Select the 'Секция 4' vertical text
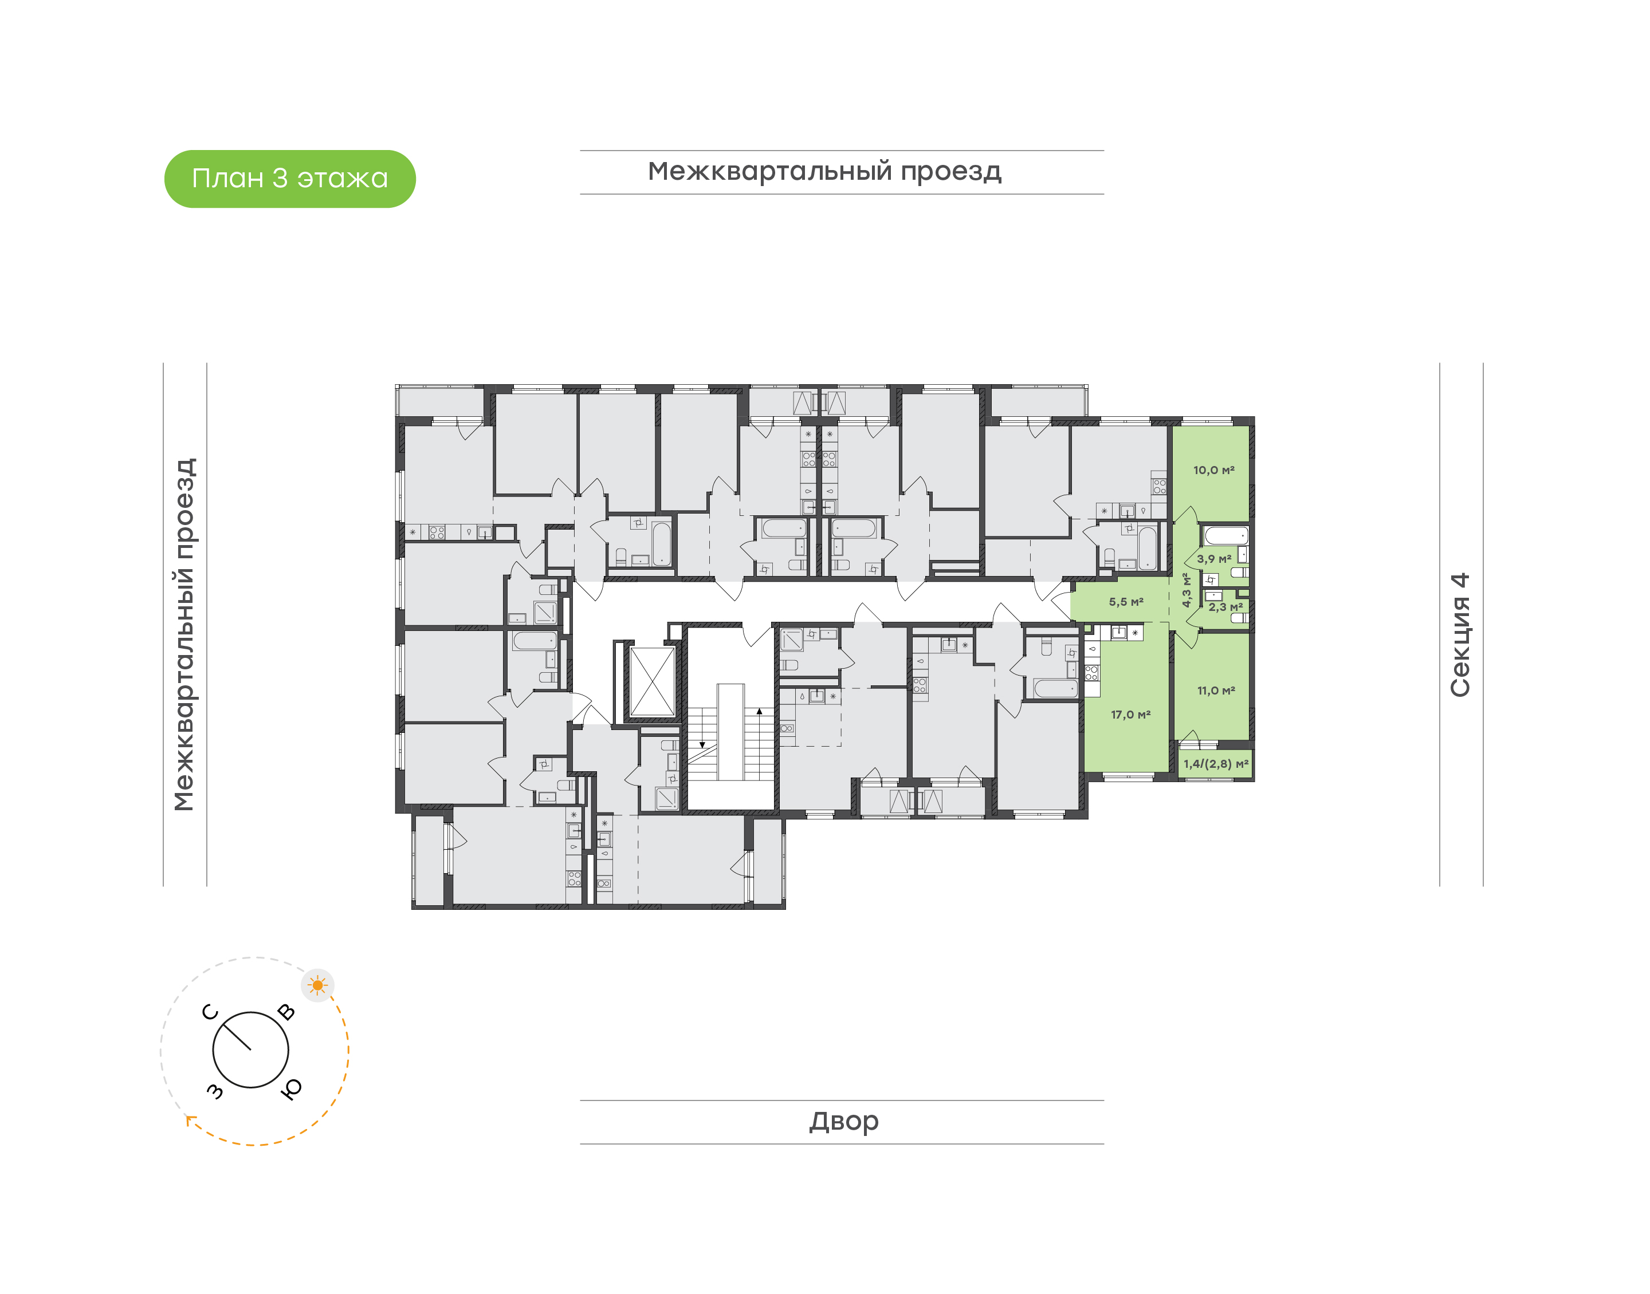1460,634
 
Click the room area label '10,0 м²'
1213,471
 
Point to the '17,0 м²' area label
1130,715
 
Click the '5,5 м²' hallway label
1126,602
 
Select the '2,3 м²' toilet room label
1225,607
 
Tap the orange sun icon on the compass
317,985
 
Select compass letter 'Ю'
291,1088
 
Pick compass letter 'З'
215,1091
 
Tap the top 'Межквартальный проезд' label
824,172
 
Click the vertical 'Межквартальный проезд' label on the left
184,634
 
